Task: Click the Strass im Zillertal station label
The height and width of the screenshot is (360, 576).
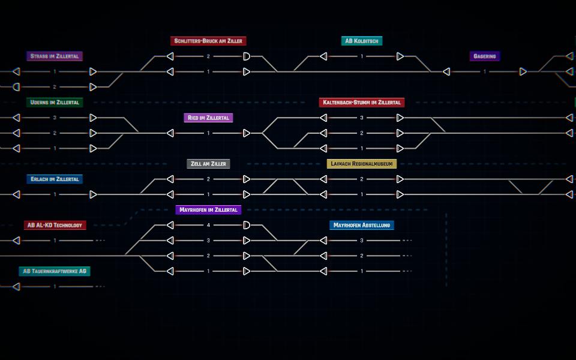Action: point(55,56)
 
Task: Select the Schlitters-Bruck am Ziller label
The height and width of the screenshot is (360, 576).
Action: point(208,41)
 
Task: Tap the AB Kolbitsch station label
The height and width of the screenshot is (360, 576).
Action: point(362,41)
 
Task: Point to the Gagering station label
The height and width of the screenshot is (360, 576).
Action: point(485,56)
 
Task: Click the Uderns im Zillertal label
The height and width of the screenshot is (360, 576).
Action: point(55,103)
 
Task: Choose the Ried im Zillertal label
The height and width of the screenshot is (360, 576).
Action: point(208,118)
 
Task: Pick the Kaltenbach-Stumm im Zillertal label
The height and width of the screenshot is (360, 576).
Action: point(362,103)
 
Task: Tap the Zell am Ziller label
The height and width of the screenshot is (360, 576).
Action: point(208,164)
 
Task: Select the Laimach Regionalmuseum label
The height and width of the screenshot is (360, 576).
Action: point(362,164)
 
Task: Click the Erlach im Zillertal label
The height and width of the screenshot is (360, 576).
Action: point(55,179)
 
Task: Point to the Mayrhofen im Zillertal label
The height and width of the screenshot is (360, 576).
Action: point(208,210)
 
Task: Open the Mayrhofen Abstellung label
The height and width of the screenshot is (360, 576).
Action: point(362,225)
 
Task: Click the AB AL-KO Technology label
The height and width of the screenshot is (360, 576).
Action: point(55,225)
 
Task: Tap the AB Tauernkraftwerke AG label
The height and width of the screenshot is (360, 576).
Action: point(55,271)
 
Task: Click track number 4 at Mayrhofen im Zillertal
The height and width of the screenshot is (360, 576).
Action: point(208,225)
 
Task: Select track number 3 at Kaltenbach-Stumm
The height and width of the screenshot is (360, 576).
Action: point(362,118)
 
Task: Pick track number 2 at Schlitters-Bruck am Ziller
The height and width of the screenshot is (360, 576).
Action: point(208,56)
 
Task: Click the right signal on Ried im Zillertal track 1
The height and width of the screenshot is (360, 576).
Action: point(247,133)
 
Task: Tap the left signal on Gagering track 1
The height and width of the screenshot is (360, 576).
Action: point(446,71)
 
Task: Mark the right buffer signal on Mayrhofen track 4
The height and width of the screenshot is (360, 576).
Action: point(247,225)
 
